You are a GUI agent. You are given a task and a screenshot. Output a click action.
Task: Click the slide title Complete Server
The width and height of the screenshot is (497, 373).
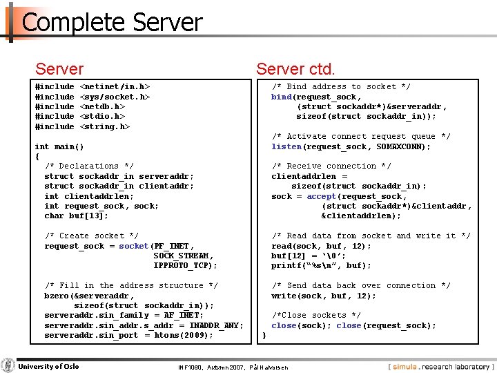click(112, 23)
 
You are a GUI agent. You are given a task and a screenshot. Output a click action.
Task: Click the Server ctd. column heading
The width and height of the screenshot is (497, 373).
click(295, 69)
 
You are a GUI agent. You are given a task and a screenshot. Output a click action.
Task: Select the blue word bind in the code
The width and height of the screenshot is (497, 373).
click(281, 97)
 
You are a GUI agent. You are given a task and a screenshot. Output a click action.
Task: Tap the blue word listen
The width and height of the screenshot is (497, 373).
click(286, 146)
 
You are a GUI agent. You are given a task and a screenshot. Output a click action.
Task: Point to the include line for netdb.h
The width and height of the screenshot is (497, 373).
click(79, 106)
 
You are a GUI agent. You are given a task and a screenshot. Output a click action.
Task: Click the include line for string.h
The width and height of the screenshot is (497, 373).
click(82, 126)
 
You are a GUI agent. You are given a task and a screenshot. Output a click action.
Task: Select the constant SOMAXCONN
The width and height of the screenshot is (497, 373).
click(406, 146)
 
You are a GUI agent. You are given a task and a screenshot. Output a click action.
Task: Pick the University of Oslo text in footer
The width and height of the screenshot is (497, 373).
click(48, 366)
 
